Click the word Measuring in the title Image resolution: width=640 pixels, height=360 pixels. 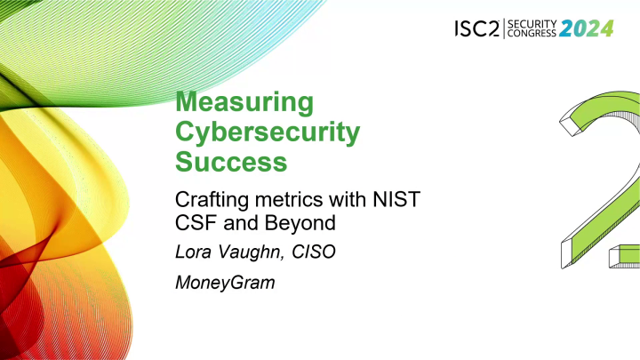click(244, 102)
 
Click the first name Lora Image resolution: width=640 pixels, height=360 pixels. click(195, 254)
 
